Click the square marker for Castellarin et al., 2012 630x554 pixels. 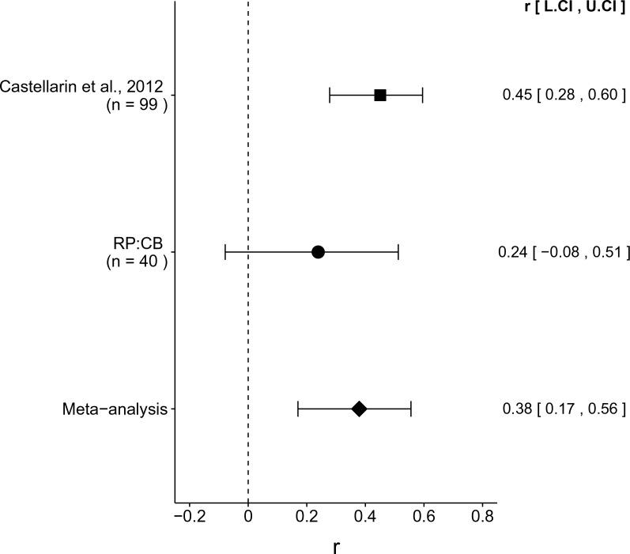pyautogui.click(x=380, y=96)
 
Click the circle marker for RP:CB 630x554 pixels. pyautogui.click(x=318, y=252)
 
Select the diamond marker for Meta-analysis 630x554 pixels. pyautogui.click(x=359, y=409)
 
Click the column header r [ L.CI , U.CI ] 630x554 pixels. pyautogui.click(x=564, y=9)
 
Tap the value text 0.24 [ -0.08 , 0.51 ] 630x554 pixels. pyautogui.click(x=564, y=252)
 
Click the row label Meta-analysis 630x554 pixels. pyautogui.click(x=115, y=409)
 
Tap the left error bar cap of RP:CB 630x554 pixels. pyautogui.click(x=225, y=252)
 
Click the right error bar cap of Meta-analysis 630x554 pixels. pyautogui.click(x=411, y=409)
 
